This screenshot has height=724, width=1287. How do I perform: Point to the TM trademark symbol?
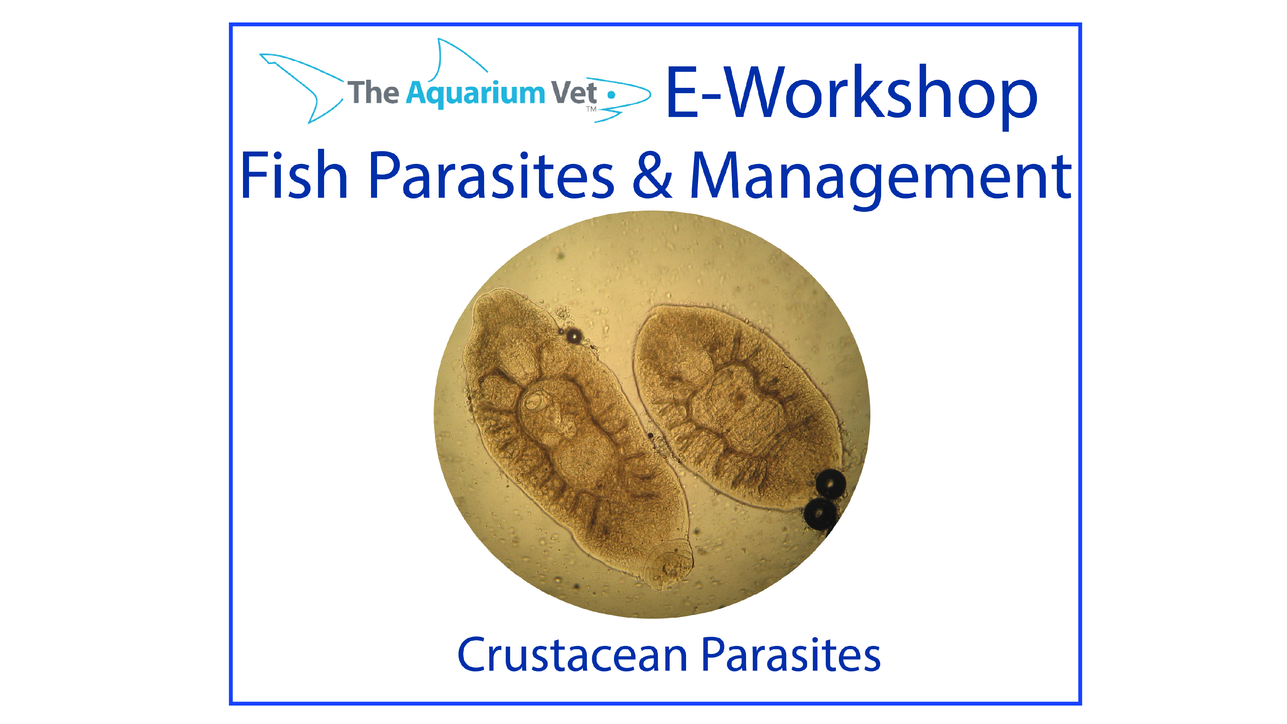click(x=591, y=109)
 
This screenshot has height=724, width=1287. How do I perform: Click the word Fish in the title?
click(x=294, y=176)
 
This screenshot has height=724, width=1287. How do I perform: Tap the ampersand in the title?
click(x=652, y=175)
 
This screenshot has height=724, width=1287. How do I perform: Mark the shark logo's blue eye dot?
click(x=611, y=95)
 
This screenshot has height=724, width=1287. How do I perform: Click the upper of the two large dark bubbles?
click(x=831, y=484)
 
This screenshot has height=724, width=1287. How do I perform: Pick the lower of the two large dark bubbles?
click(x=819, y=513)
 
